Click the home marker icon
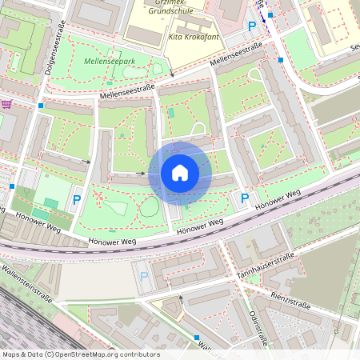click(x=180, y=172)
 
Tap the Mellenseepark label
click(x=110, y=61)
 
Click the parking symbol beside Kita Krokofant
click(x=253, y=26)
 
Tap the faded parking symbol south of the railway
click(x=145, y=277)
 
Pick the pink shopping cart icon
click(x=7, y=105)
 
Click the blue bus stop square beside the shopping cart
click(x=40, y=105)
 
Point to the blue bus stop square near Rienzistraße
click(x=338, y=327)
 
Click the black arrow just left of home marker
click(x=142, y=172)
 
